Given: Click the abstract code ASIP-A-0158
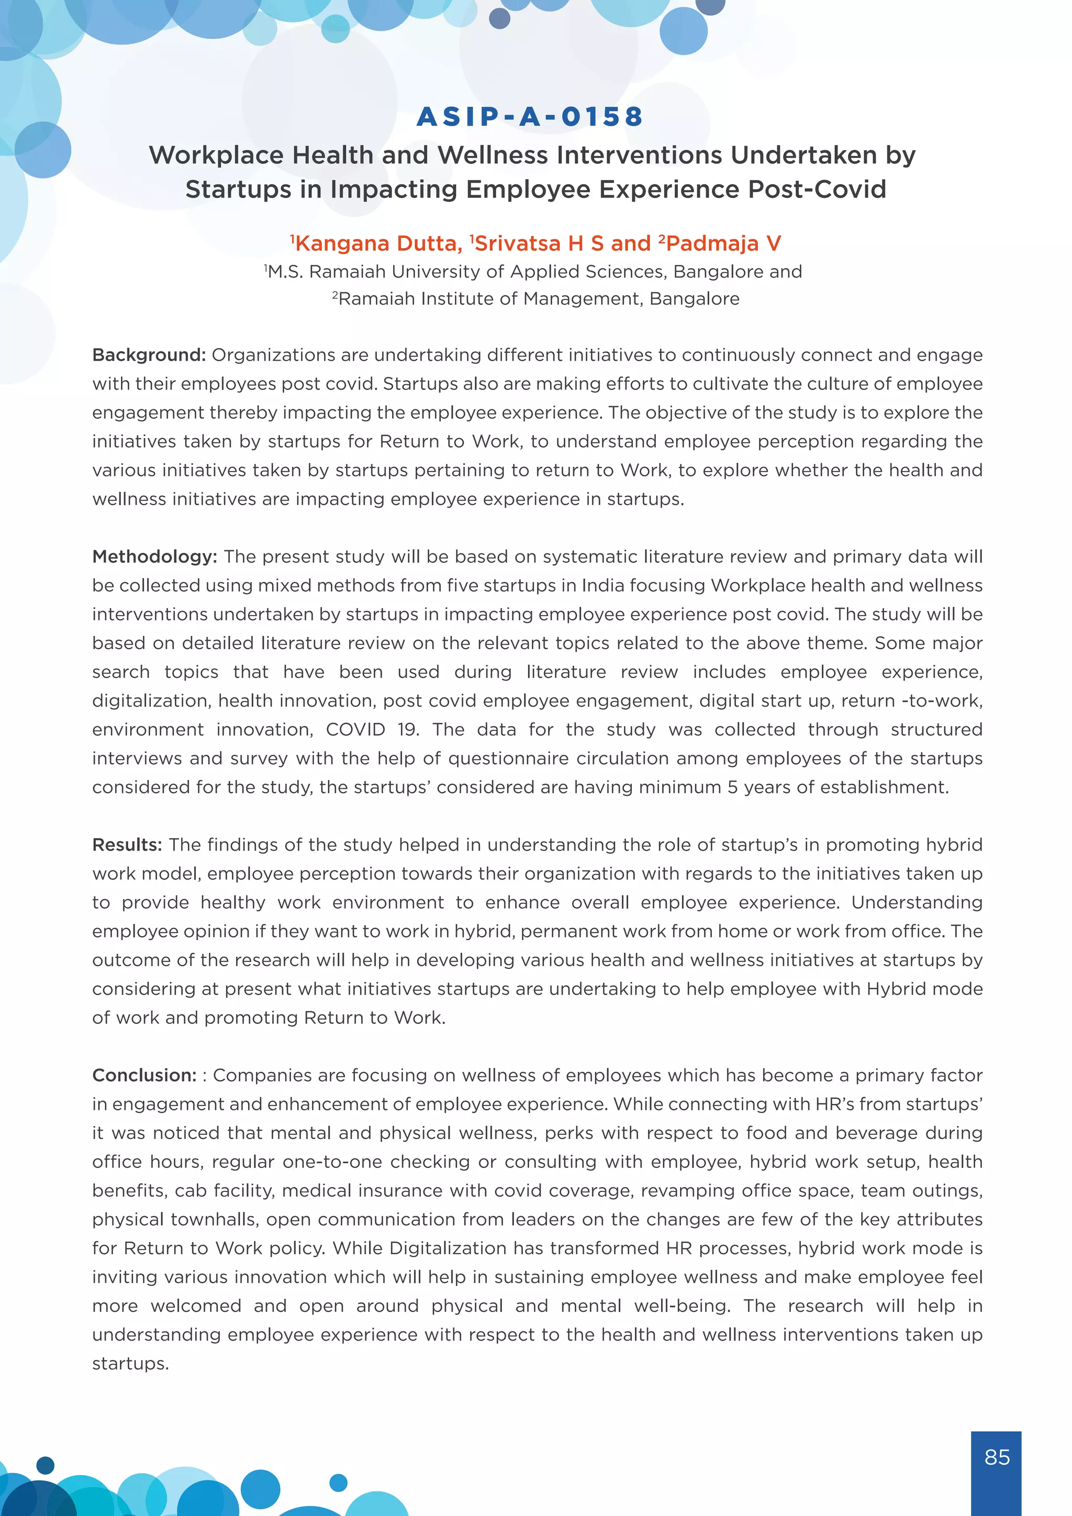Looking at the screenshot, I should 530,117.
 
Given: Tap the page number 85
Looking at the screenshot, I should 996,1457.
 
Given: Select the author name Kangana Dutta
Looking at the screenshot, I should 377,243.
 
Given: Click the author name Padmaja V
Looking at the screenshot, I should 723,243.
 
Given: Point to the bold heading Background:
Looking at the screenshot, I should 149,355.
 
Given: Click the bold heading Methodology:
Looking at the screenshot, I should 154,556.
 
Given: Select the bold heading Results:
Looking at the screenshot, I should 127,844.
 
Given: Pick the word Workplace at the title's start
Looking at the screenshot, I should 216,155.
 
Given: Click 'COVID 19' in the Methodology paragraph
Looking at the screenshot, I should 372,730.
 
